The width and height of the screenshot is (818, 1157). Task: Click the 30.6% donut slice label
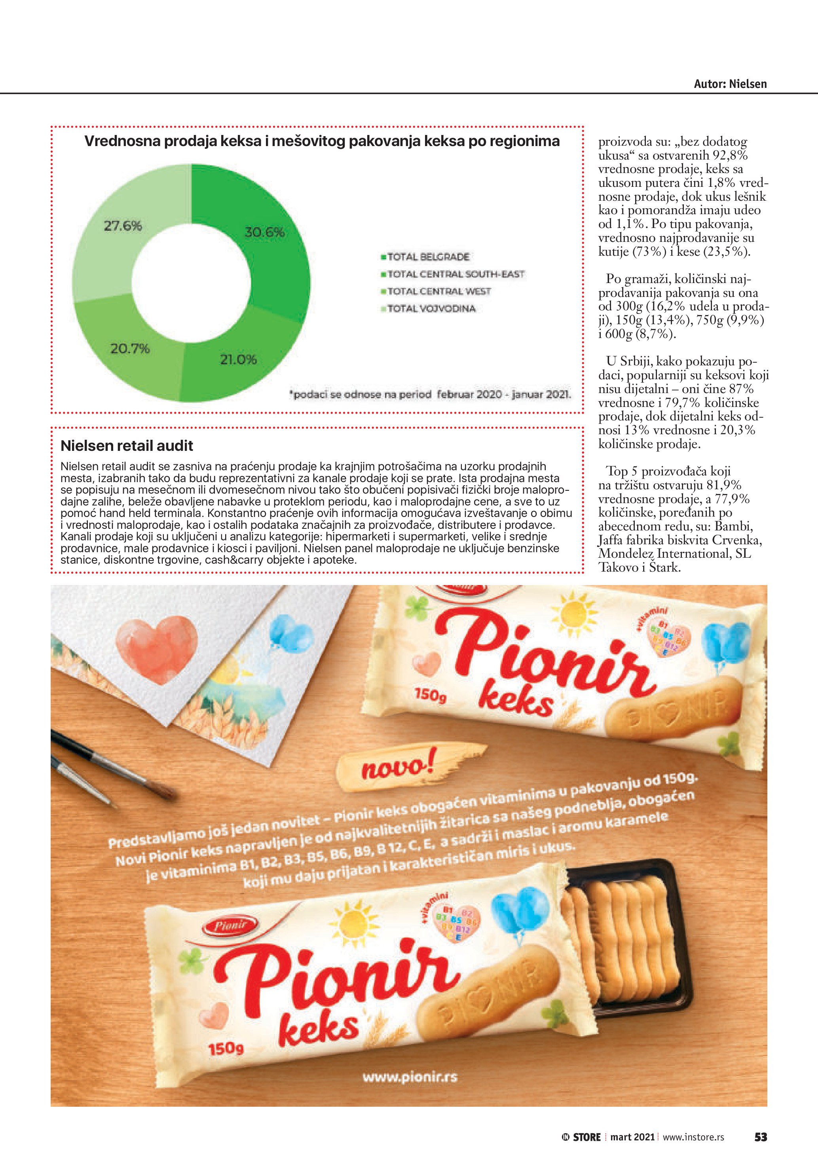[264, 232]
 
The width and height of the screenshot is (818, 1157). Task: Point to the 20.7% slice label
[130, 349]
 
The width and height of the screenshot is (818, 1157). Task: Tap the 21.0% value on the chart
[238, 360]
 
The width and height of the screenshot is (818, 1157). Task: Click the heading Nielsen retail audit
[127, 445]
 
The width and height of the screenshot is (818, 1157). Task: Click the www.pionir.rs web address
[410, 1077]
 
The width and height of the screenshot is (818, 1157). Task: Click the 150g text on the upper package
[430, 695]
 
